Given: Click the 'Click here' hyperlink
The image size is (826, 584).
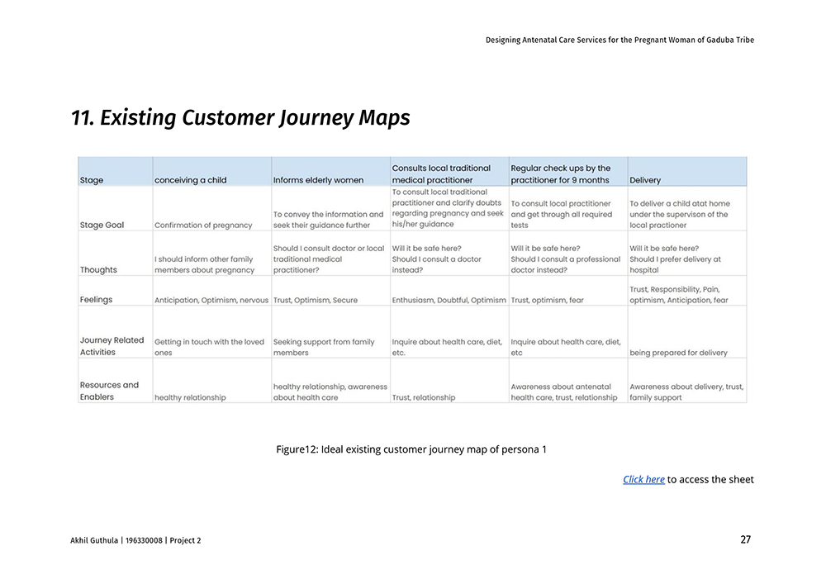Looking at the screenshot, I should (x=643, y=479).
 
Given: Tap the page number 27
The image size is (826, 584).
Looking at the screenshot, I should (x=745, y=539).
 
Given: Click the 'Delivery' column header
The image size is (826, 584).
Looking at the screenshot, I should (x=645, y=180).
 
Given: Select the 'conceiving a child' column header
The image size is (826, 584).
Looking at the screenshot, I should (x=190, y=180).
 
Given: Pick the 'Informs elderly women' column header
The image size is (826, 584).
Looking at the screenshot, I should (x=318, y=180).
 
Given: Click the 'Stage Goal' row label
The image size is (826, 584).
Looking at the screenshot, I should (x=102, y=225).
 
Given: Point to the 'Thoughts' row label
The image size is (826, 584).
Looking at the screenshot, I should (x=98, y=270).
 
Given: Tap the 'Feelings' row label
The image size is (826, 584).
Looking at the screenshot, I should (x=96, y=300).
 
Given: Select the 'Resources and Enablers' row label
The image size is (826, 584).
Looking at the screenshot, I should (x=109, y=391).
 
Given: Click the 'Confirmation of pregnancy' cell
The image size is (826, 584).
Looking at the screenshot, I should (x=202, y=225).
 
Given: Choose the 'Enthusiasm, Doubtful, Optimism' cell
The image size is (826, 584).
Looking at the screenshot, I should (x=449, y=300).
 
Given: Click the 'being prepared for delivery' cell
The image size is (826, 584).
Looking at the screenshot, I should (x=678, y=353).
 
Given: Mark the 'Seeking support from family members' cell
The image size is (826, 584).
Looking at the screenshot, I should (x=323, y=347).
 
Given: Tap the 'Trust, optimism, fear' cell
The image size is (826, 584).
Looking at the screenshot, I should (x=547, y=300).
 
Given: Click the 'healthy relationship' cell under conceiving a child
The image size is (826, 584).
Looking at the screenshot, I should (x=190, y=397).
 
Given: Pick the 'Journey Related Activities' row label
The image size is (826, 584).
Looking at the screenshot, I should (x=112, y=346).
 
